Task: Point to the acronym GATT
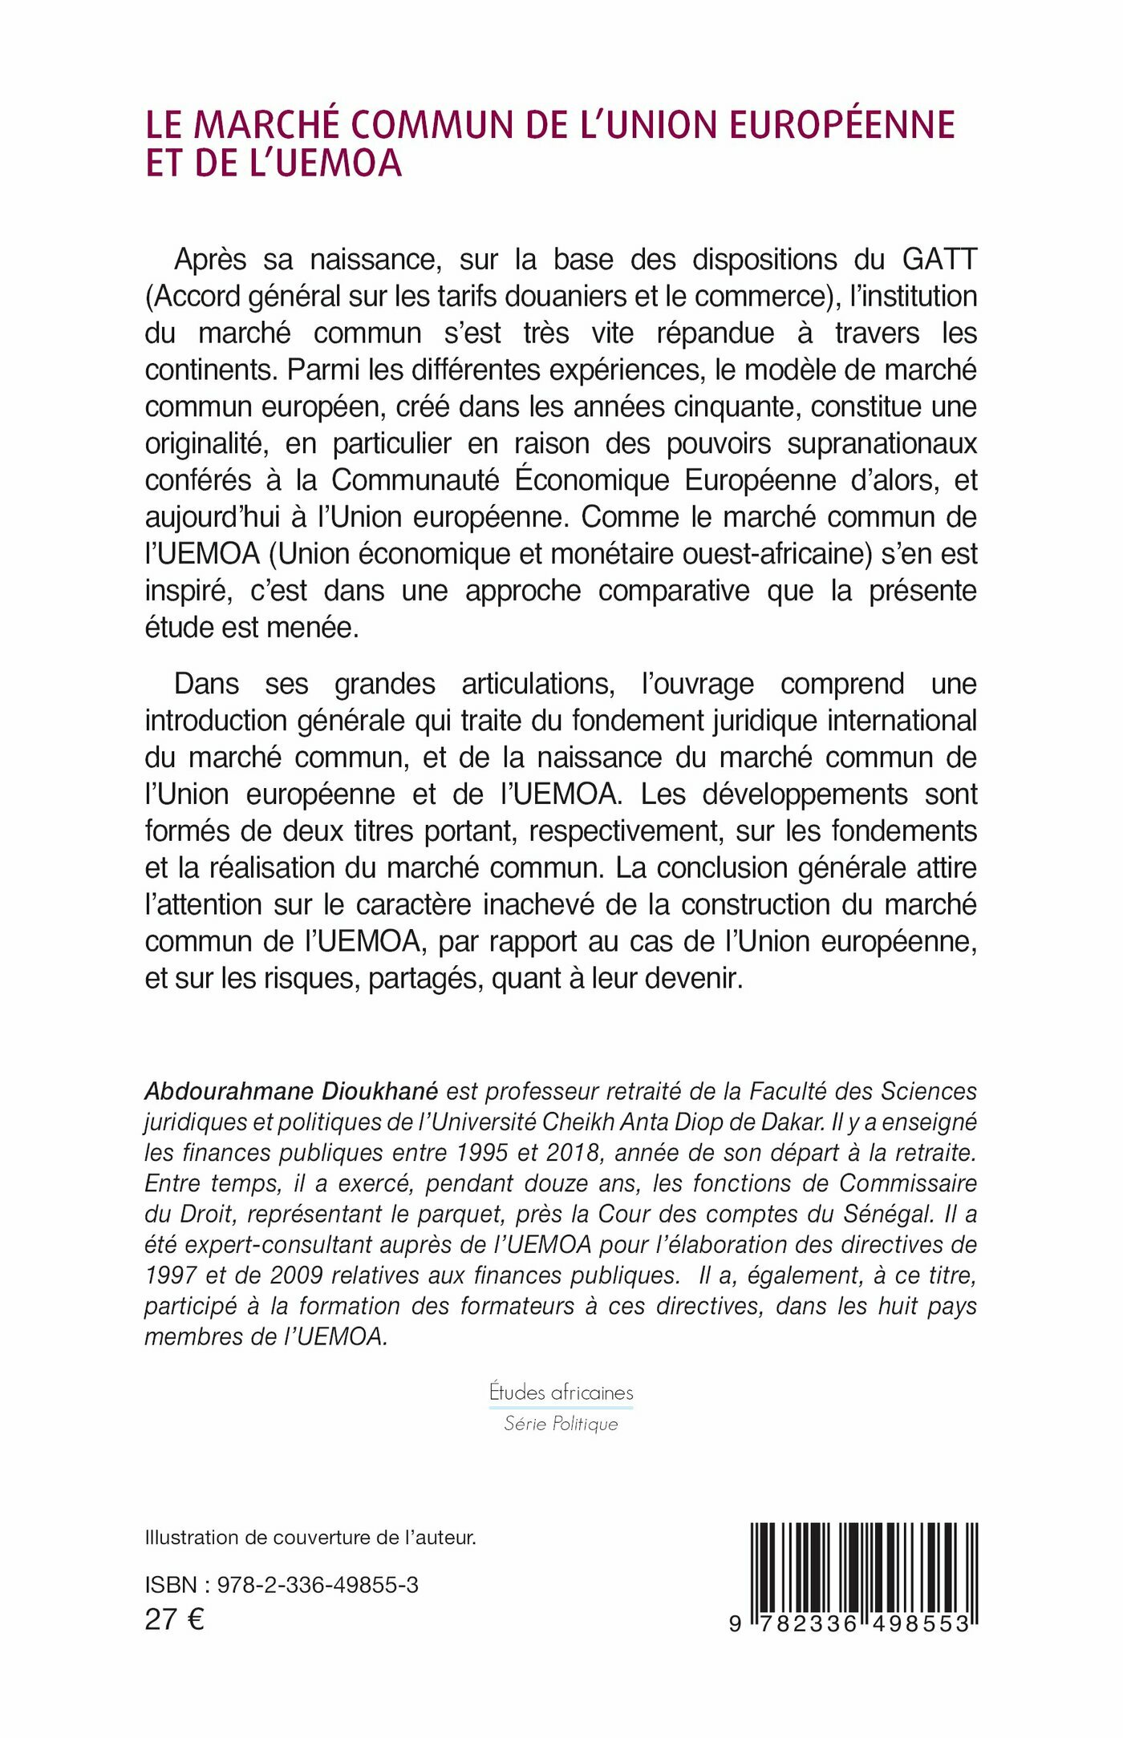939,260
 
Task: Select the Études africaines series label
561,1392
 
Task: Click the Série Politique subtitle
561,1424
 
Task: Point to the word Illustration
192,1538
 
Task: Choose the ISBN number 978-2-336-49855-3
318,1585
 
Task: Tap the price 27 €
174,1620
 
